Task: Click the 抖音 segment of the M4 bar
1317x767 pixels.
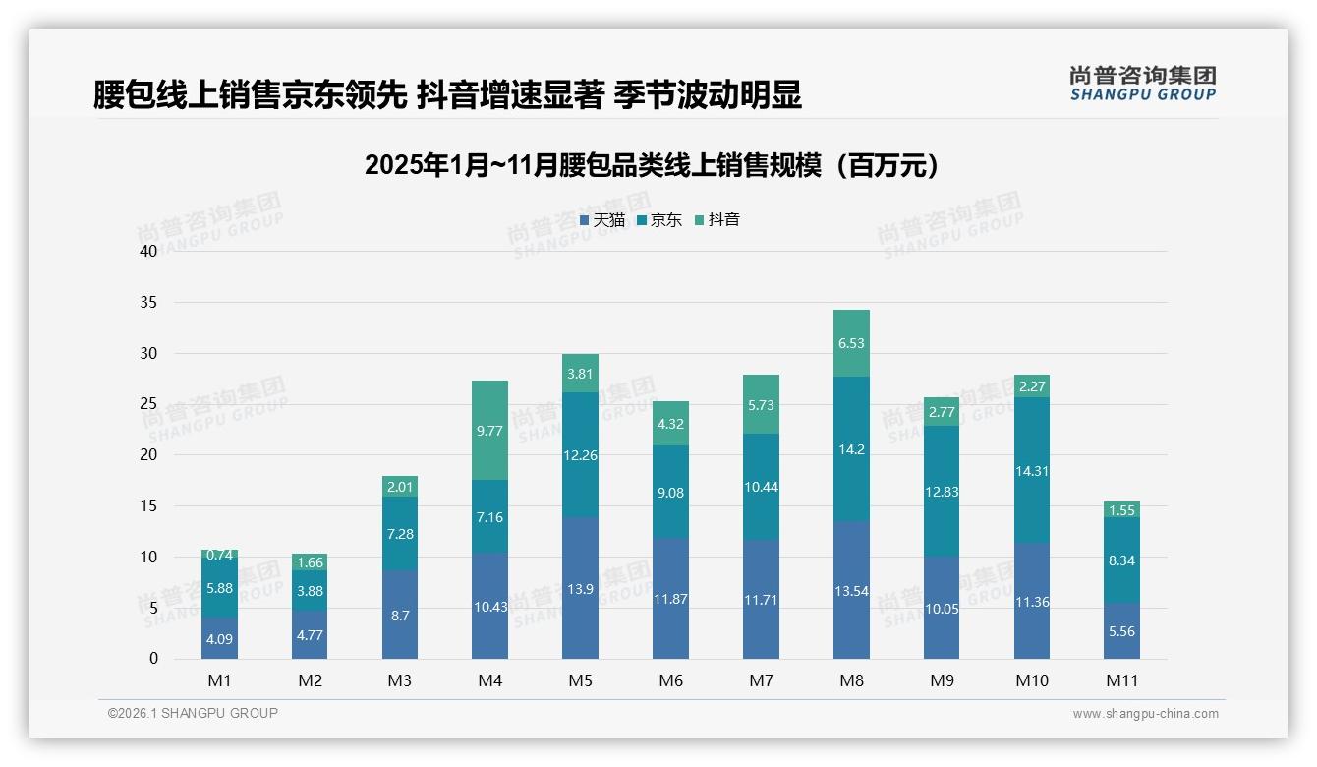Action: pyautogui.click(x=489, y=430)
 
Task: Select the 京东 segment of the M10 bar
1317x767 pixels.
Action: pyautogui.click(x=1031, y=470)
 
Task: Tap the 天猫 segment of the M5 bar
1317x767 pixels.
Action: pyautogui.click(x=580, y=587)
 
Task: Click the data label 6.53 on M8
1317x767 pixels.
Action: pyautogui.click(x=851, y=343)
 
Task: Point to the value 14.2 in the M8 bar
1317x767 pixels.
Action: pyautogui.click(x=851, y=449)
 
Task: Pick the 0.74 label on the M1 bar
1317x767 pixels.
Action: pyautogui.click(x=219, y=555)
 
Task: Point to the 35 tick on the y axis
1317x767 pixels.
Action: pyautogui.click(x=148, y=302)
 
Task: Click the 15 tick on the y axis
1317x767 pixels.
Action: pyautogui.click(x=148, y=505)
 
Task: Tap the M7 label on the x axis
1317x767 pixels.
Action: pyautogui.click(x=761, y=680)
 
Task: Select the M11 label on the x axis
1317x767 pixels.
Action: pyautogui.click(x=1121, y=680)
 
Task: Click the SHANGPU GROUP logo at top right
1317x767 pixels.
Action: pyautogui.click(x=1142, y=83)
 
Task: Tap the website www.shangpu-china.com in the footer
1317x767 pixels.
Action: pyautogui.click(x=1145, y=714)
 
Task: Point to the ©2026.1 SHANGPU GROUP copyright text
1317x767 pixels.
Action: pyautogui.click(x=193, y=713)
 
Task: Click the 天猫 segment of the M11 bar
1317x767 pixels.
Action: pyautogui.click(x=1121, y=630)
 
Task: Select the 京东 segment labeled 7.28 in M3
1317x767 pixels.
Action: pyautogui.click(x=400, y=533)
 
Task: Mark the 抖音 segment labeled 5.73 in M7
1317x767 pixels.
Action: pyautogui.click(x=761, y=404)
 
